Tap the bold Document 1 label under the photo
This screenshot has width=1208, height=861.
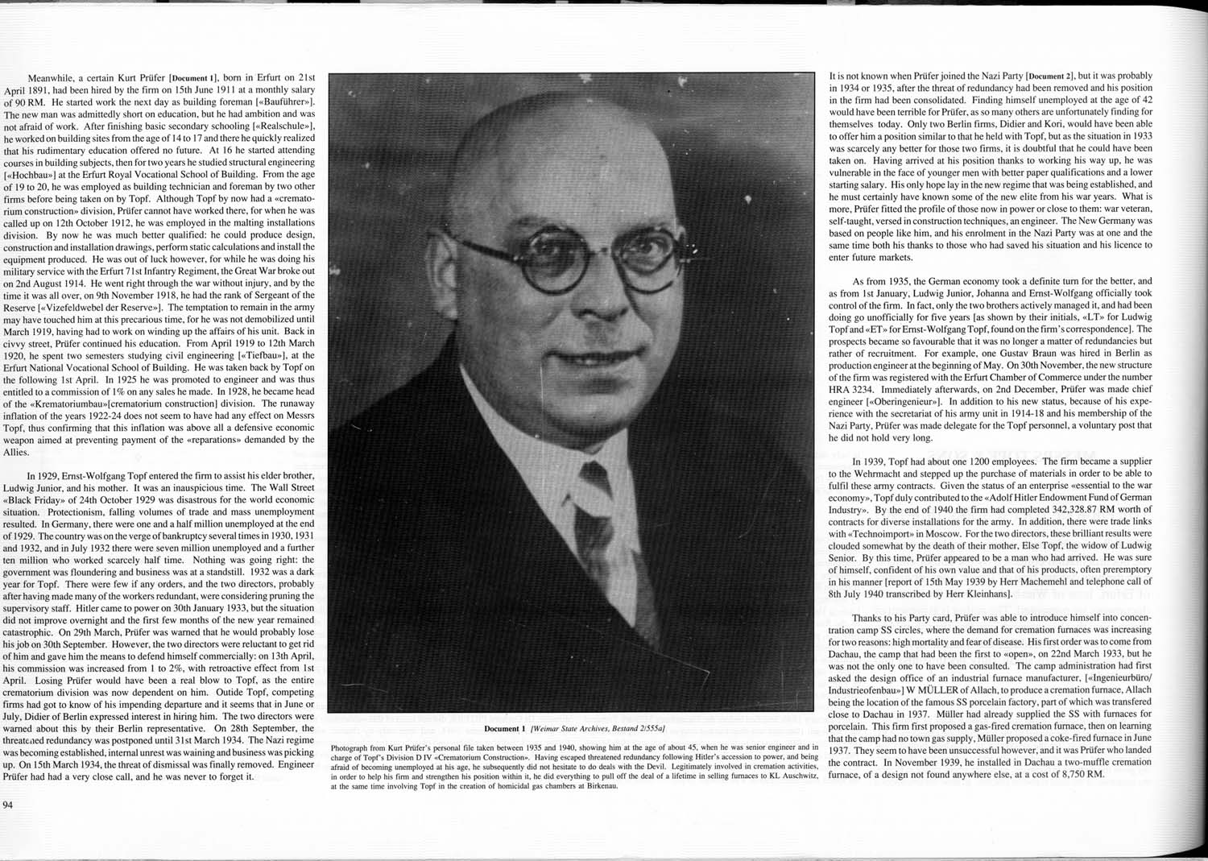click(503, 729)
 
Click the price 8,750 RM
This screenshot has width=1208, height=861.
click(1080, 774)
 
